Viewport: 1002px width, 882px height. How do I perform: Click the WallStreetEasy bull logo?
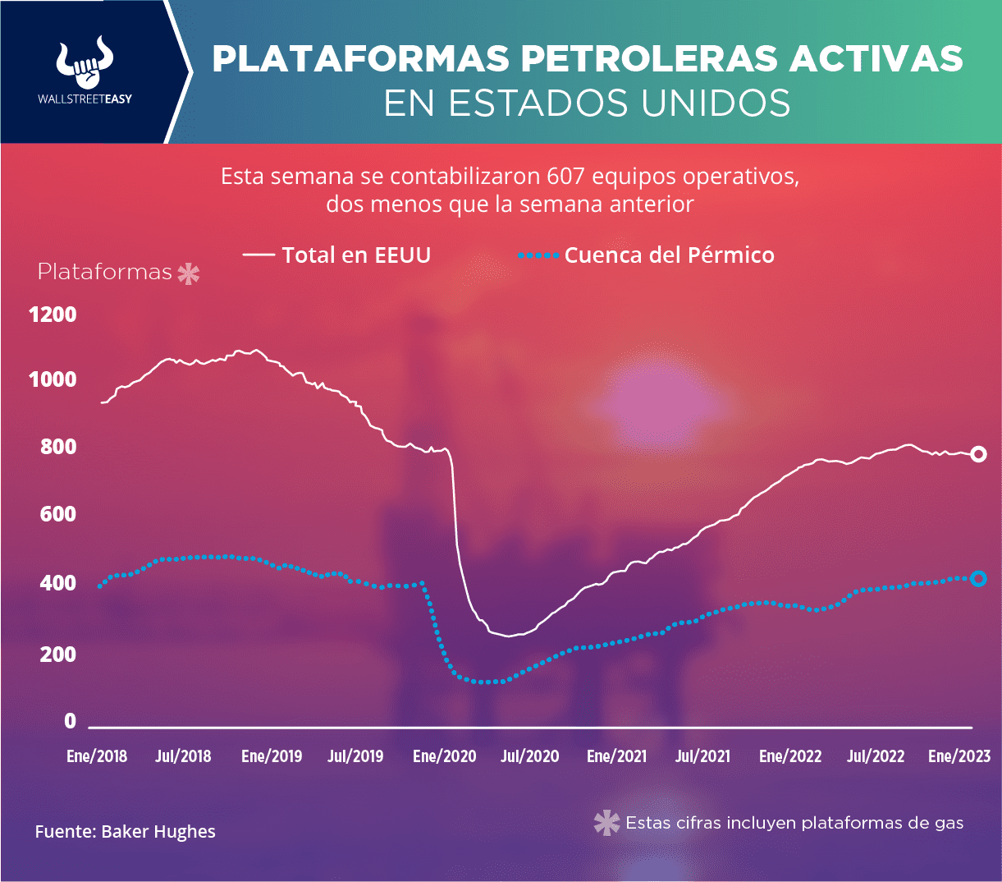[x=85, y=64]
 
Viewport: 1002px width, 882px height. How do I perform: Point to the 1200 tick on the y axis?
[x=53, y=315]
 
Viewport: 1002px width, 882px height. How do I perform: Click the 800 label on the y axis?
[x=58, y=448]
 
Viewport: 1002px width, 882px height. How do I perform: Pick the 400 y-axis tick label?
[x=58, y=584]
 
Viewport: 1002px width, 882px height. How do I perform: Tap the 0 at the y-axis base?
[x=70, y=721]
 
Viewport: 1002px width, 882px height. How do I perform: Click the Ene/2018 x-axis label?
[x=97, y=756]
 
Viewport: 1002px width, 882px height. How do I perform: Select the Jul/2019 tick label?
[x=355, y=756]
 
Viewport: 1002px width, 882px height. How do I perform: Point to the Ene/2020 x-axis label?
[x=444, y=756]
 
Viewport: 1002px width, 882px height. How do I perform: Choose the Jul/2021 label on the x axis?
[x=702, y=756]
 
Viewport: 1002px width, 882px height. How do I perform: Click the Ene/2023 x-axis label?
[x=959, y=756]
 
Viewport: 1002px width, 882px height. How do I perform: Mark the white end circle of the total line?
[x=978, y=454]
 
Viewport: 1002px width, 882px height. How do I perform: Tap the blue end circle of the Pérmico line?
[x=978, y=579]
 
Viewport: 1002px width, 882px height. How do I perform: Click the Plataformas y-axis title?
[x=105, y=273]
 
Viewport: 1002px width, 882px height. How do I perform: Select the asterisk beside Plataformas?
[x=189, y=273]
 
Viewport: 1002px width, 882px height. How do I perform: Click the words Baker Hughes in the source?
[x=158, y=832]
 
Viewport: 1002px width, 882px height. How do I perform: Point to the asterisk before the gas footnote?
[x=606, y=823]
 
